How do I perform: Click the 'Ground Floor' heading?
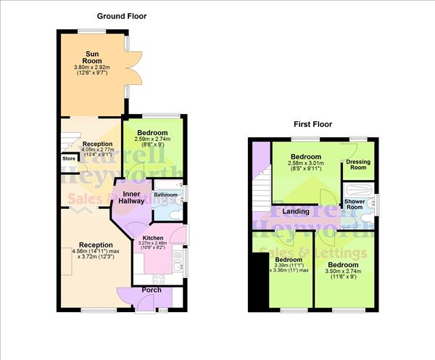[x=121, y=15]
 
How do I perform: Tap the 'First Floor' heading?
[x=312, y=125]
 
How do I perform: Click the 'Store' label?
[x=69, y=157]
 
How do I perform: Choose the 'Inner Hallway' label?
[x=130, y=199]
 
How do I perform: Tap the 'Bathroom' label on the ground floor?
[x=165, y=195]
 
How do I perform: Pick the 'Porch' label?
[x=152, y=290]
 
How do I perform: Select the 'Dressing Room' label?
[x=357, y=165]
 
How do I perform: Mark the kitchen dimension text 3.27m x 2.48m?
[x=154, y=245]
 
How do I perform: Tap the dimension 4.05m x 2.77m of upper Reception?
[x=96, y=151]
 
